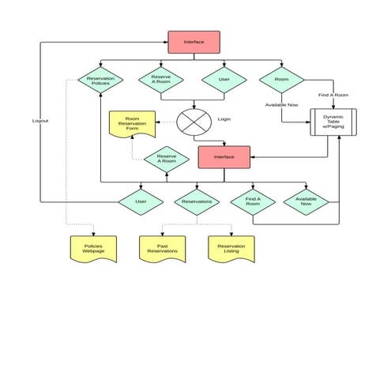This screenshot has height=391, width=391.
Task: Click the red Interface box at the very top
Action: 194,42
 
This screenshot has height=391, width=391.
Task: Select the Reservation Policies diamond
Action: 100,80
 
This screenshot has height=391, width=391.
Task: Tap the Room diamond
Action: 281,80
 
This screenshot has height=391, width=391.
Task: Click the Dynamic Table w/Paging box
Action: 334,123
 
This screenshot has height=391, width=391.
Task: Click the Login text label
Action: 224,119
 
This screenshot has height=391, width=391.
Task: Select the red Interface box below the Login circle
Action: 224,156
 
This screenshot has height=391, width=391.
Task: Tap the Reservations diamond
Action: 197,201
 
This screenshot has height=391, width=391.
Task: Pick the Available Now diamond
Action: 306,201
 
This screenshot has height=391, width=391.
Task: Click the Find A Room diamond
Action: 253,201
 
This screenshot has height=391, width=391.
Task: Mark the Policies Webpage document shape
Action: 93,249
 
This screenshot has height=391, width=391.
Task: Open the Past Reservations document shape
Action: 162,249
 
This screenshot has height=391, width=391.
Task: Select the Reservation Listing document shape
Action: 231,249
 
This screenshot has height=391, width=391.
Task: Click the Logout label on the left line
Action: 40,121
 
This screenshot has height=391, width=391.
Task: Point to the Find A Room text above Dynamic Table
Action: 333,95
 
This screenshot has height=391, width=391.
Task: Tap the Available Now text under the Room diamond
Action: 281,104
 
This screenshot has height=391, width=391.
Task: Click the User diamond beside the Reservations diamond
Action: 141,201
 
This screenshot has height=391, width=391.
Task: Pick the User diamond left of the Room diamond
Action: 223,80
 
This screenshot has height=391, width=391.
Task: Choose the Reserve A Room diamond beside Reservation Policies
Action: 161,80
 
